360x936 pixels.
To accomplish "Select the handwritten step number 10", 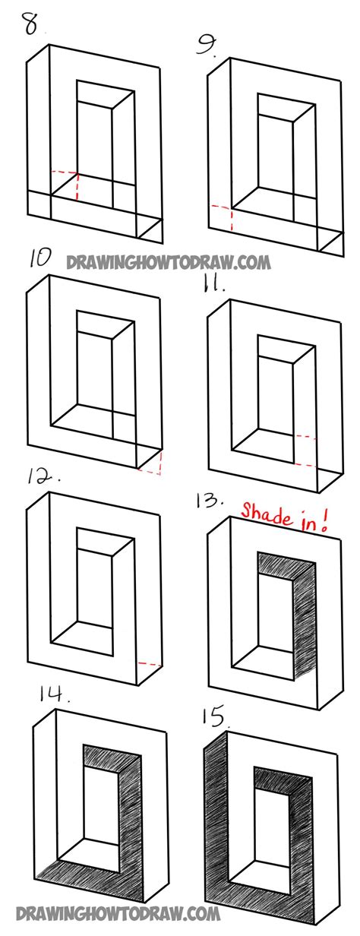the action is pos(40,258).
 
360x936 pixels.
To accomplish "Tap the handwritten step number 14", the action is pos(54,694).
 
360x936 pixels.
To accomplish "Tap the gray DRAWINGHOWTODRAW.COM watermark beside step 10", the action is pos(169,262).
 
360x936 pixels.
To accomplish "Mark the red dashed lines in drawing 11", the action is pos(305,449).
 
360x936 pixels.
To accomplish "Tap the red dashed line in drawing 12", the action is pos(149,663).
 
